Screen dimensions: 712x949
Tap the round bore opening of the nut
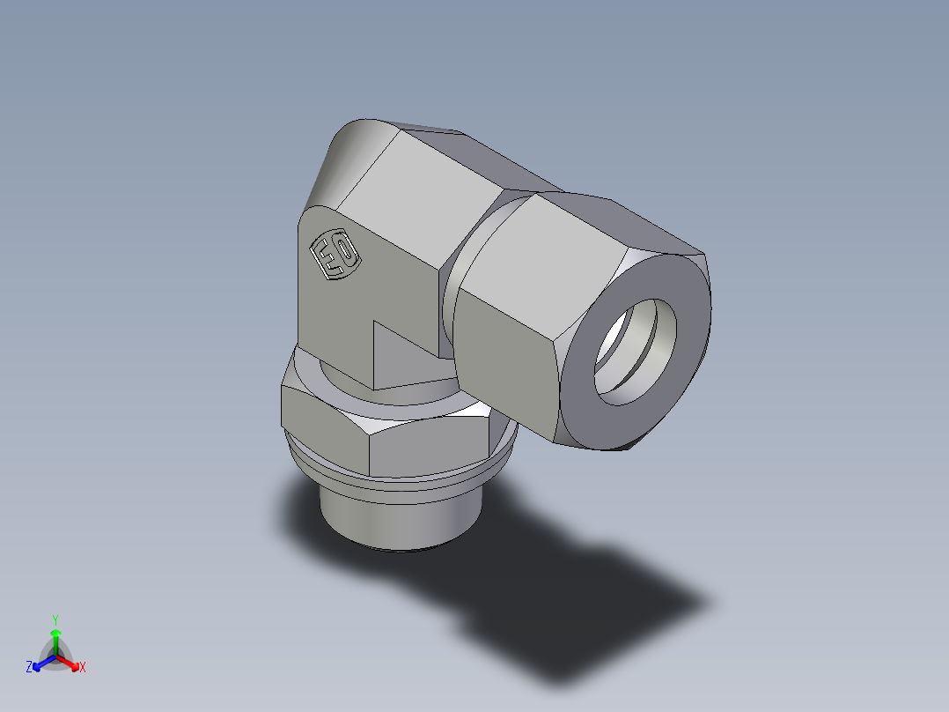pos(636,352)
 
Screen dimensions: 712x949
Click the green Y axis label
pos(55,619)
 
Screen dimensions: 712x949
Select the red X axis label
pos(83,668)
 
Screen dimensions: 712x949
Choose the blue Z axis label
pos(29,668)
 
